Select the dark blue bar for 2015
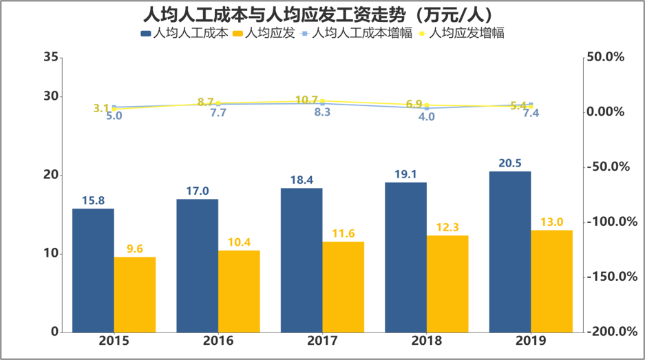(93, 270)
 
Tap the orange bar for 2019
(551, 281)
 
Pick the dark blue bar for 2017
(302, 260)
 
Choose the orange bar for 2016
(239, 291)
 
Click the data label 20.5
(509, 162)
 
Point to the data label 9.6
(134, 248)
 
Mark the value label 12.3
(447, 227)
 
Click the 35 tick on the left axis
(50, 57)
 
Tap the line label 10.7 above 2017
(306, 100)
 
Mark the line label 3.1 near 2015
(101, 108)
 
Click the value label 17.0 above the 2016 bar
(197, 191)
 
